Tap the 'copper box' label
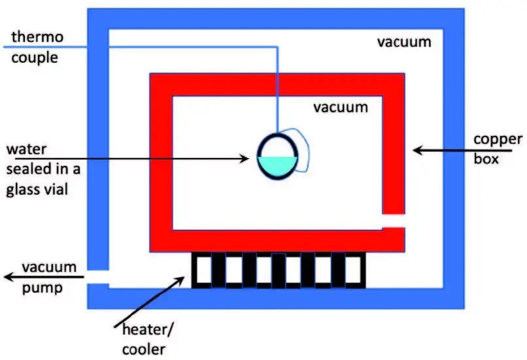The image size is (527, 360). [x=498, y=148]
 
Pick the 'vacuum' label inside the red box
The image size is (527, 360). [x=340, y=106]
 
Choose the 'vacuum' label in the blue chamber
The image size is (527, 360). [x=404, y=42]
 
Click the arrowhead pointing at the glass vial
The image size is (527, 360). [x=245, y=158]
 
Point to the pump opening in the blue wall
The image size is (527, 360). [x=98, y=277]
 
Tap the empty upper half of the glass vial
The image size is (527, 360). [x=278, y=146]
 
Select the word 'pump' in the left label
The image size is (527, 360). [x=41, y=288]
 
